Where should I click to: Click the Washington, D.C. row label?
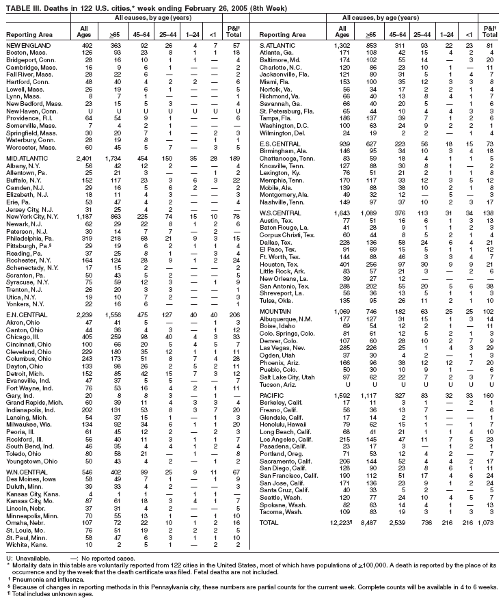(x=286, y=126)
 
